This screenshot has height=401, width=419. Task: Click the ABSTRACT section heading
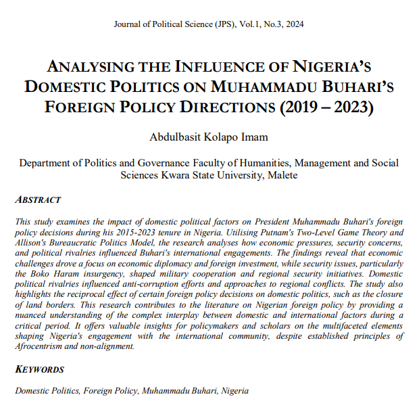coord(39,200)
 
